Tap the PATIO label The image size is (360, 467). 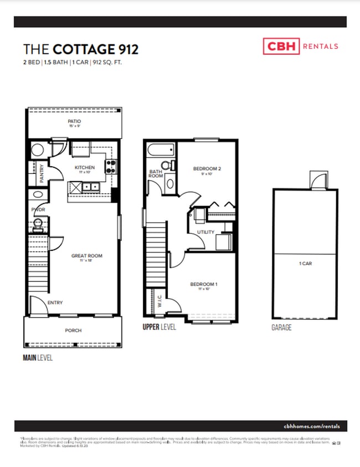pyautogui.click(x=74, y=121)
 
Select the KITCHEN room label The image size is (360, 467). pyautogui.click(x=85, y=167)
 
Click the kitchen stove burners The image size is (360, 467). pyautogui.click(x=110, y=164)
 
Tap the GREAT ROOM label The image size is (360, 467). pyautogui.click(x=87, y=256)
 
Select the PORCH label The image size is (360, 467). pyautogui.click(x=73, y=331)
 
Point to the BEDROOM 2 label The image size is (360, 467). pyautogui.click(x=207, y=168)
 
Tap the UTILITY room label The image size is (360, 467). pyautogui.click(x=205, y=232)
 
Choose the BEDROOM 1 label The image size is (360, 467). pyautogui.click(x=204, y=285)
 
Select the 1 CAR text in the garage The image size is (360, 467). pyautogui.click(x=305, y=264)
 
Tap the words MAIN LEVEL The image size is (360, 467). pyautogui.click(x=38, y=358)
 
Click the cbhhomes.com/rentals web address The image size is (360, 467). pyautogui.click(x=315, y=426)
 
